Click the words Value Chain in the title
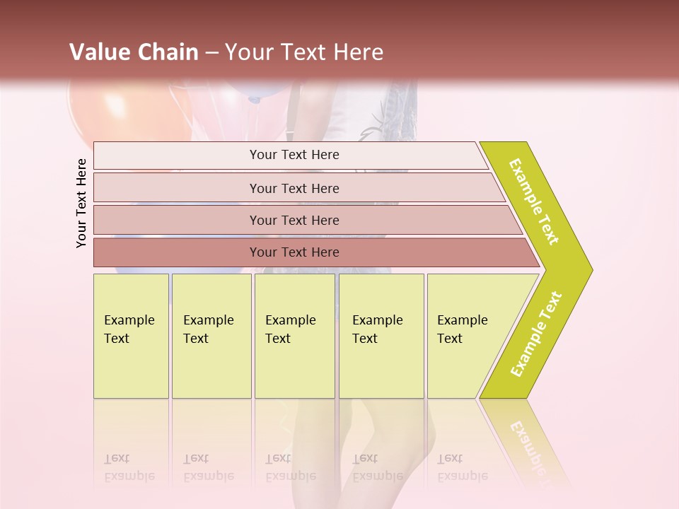tap(134, 52)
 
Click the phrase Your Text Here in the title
tap(304, 52)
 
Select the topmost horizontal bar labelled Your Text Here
tap(294, 155)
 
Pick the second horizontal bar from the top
tap(294, 188)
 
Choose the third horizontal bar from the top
tap(294, 220)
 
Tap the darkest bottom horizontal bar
tap(294, 252)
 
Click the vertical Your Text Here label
tap(81, 203)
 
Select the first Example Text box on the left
tap(131, 336)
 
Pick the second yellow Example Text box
tap(211, 336)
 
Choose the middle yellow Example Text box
tap(294, 336)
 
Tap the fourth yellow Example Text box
tap(381, 336)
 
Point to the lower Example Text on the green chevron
tap(536, 334)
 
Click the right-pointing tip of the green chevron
tap(588, 269)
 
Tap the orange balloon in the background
tap(99, 113)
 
